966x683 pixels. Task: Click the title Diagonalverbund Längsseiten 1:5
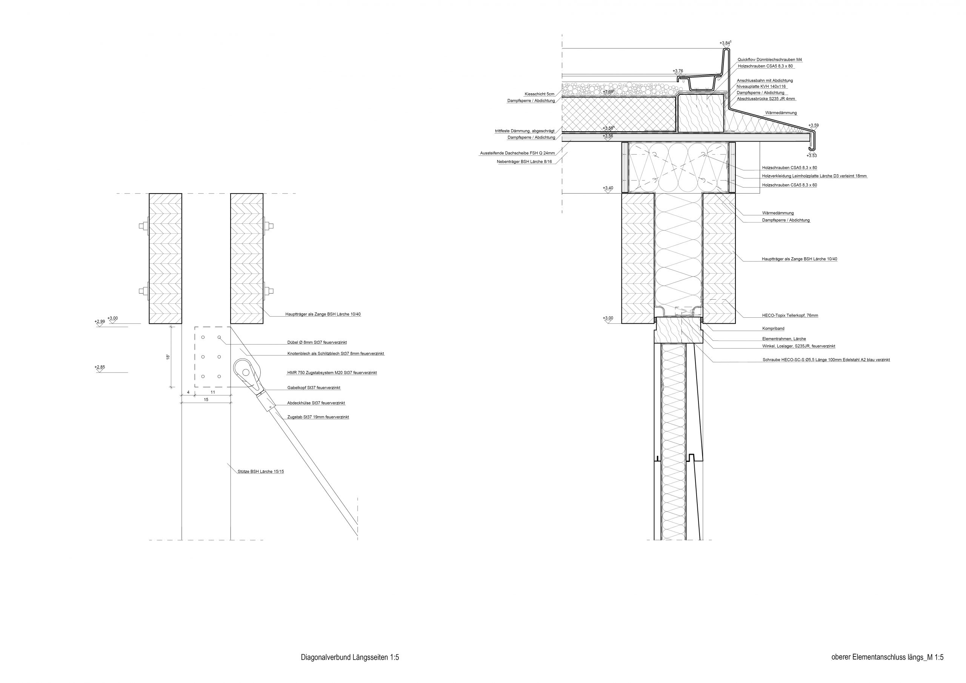tap(350, 657)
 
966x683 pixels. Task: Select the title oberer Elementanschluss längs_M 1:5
tap(886, 657)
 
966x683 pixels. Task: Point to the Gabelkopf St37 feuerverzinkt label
tap(314, 388)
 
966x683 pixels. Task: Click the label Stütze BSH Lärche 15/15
tap(260, 472)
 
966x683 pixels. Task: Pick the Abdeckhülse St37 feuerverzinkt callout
tap(316, 403)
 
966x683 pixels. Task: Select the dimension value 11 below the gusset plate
tap(213, 392)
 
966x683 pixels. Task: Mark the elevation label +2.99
tap(99, 322)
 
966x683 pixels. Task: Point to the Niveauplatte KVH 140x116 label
tap(761, 87)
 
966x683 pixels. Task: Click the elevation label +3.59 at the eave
tap(814, 125)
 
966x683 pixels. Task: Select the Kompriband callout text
tap(773, 329)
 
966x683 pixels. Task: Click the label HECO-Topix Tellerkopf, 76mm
tap(790, 315)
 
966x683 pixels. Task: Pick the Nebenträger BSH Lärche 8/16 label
tap(524, 162)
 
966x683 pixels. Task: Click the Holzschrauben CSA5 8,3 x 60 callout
tap(789, 185)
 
